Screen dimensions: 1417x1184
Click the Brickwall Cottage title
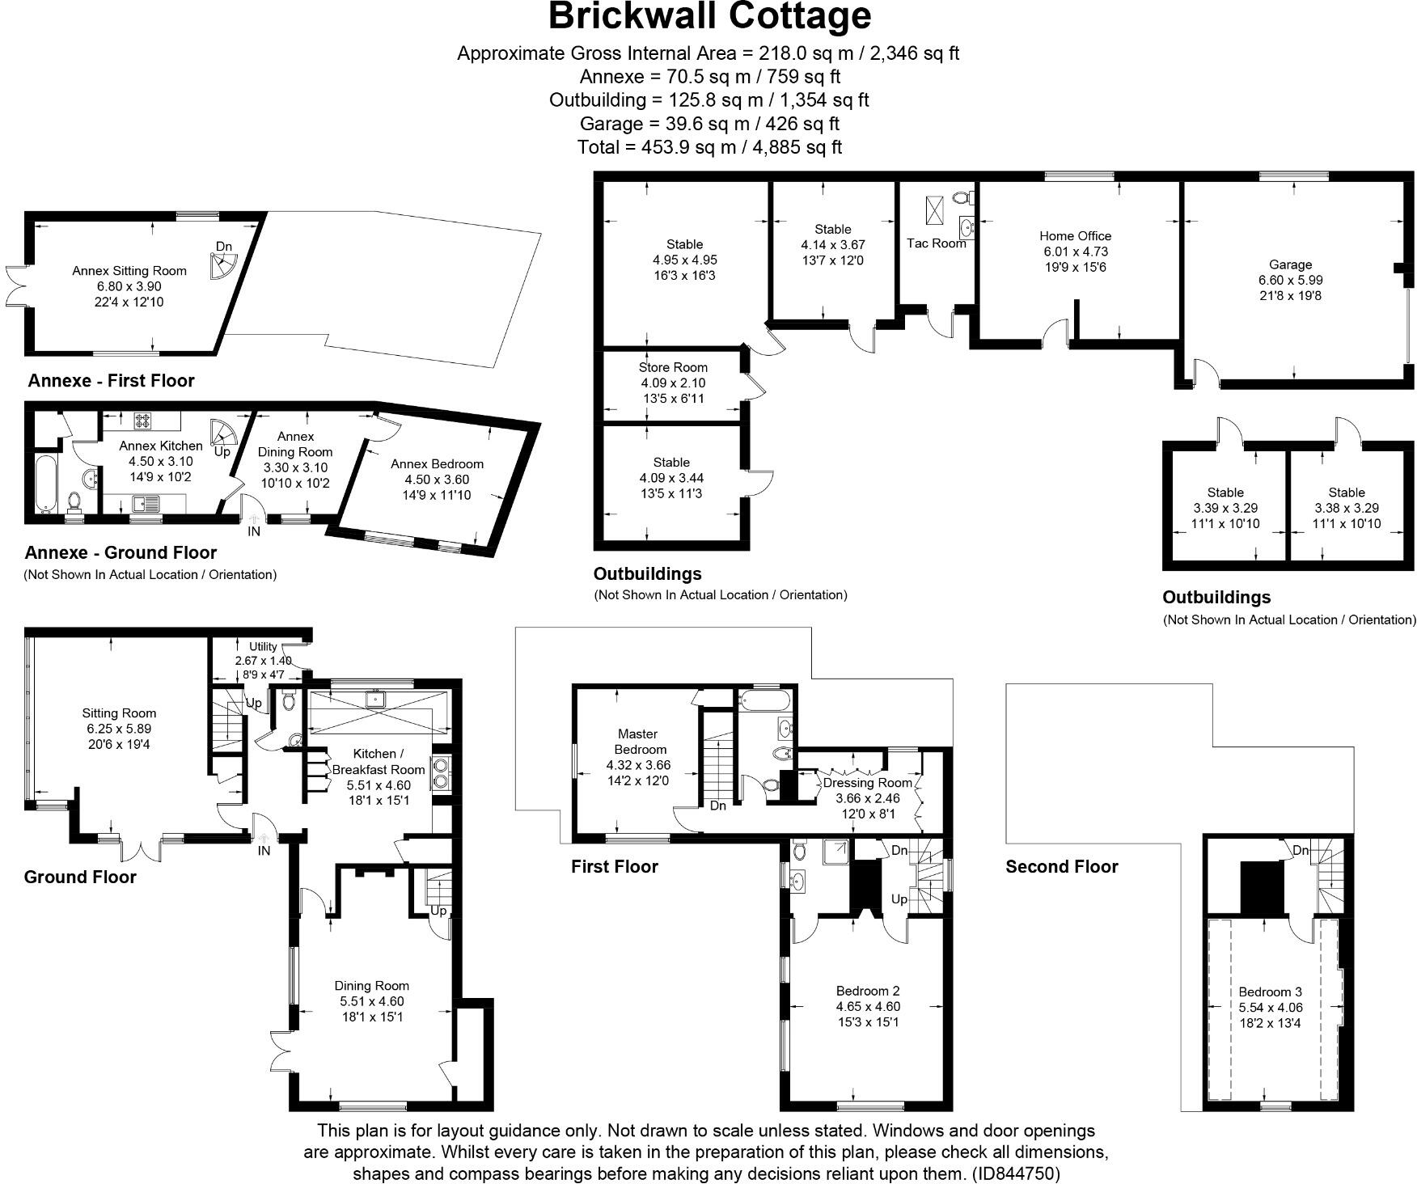pos(708,16)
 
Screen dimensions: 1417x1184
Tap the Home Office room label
pos(1075,236)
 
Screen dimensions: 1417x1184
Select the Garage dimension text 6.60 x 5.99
pos(1290,280)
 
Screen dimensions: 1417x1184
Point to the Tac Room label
pos(936,243)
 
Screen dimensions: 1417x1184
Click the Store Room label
pos(673,367)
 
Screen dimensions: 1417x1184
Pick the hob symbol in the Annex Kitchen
pos(143,420)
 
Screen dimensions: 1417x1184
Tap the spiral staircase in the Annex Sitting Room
pos(222,264)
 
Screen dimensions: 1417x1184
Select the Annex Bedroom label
pos(437,464)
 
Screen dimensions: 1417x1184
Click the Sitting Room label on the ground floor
pos(119,713)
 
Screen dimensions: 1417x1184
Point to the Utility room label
pos(263,646)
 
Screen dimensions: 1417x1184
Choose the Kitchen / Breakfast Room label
pos(378,761)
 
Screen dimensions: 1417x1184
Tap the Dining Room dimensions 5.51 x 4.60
pos(371,1001)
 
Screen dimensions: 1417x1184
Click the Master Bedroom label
pos(638,742)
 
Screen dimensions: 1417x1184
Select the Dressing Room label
pos(867,783)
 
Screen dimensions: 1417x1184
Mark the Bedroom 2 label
pos(868,991)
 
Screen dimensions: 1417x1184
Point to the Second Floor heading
pos(1061,867)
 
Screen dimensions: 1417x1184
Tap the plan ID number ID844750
pos(1017,1173)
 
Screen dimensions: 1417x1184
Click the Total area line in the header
pos(708,147)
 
